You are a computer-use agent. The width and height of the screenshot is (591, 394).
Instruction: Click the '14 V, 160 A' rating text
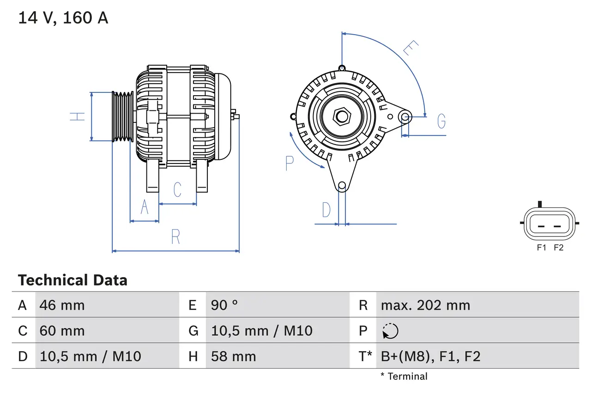[63, 18]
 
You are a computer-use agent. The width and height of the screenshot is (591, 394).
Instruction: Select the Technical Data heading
[72, 280]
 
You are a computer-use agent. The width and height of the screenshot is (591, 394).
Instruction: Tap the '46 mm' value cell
[62, 305]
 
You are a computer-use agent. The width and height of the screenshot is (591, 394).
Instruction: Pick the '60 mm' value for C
[62, 331]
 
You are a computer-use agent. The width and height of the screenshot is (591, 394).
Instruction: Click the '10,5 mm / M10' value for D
[90, 356]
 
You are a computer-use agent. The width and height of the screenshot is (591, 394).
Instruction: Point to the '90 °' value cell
[224, 305]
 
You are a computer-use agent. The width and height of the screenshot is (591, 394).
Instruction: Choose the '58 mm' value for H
[233, 356]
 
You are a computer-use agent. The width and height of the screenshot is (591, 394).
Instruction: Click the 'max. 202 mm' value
[425, 305]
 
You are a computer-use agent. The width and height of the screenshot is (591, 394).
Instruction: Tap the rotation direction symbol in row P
[390, 331]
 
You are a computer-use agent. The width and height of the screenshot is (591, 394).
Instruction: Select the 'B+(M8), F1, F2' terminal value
[430, 356]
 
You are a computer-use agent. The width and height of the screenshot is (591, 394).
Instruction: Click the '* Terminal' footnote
[404, 376]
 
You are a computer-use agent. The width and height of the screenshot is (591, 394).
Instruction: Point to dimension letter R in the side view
[175, 237]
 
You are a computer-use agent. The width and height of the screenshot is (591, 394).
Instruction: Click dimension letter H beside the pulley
[78, 116]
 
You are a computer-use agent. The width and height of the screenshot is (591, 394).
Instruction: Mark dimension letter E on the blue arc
[410, 48]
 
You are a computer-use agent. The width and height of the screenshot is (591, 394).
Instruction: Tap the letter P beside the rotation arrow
[289, 163]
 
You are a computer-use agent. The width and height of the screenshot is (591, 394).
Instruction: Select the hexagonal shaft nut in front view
[342, 116]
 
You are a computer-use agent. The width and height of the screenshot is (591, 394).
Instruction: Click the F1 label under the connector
[541, 248]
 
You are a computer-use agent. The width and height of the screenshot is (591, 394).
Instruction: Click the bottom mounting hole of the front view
[342, 186]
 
